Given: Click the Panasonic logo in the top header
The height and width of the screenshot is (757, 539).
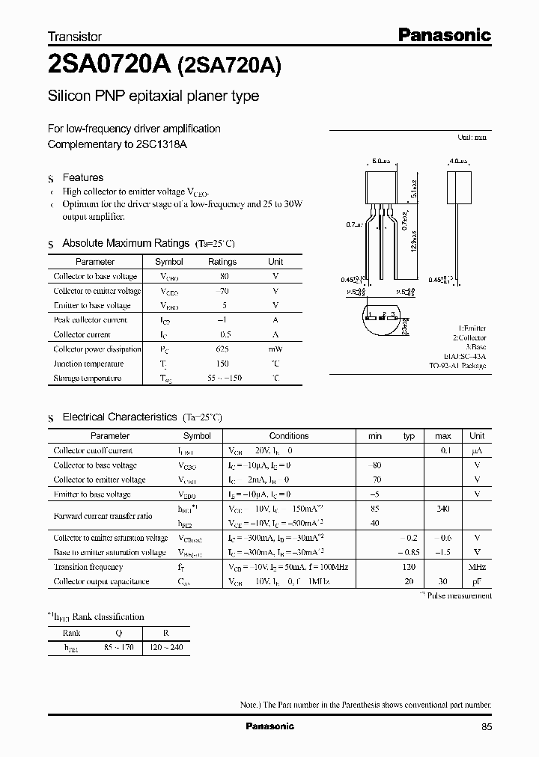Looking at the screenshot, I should [444, 34].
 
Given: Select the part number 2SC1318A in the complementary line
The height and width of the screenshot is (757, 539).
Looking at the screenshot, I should [162, 144].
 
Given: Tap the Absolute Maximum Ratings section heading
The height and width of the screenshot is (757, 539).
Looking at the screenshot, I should [126, 243].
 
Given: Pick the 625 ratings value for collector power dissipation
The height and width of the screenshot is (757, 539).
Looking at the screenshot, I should [222, 349].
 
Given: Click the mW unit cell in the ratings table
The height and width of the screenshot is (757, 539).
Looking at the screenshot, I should [275, 349].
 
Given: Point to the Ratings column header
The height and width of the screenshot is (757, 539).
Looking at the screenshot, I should [222, 262].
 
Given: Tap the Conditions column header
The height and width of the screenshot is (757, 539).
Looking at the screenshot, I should [288, 435].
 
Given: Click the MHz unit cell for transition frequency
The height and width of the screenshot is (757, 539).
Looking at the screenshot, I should [477, 567].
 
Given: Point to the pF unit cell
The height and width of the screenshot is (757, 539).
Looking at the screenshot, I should [477, 581].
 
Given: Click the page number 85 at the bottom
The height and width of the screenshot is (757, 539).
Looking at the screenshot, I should [487, 726].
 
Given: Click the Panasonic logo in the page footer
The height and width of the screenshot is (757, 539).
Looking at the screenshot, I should [270, 726].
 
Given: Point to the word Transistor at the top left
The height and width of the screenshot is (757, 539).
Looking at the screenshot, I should [75, 36].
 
